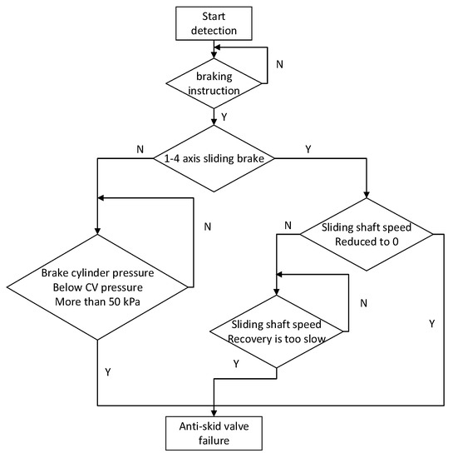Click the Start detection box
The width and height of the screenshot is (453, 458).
pyautogui.click(x=215, y=23)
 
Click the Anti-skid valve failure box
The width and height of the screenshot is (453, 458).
pyautogui.click(x=215, y=435)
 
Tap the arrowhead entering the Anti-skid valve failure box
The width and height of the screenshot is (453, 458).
pyautogui.click(x=215, y=412)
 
